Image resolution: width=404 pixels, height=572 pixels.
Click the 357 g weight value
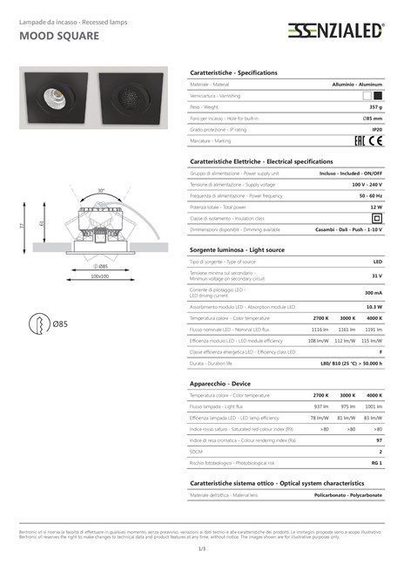(375, 106)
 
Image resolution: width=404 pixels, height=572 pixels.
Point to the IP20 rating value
(377, 129)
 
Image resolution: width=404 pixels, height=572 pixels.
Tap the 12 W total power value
(376, 208)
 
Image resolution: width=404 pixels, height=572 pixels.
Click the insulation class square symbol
(377, 218)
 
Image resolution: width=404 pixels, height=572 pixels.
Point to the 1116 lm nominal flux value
(320, 330)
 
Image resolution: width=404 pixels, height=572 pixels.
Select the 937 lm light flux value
(320, 406)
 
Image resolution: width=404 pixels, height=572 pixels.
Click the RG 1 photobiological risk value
(376, 463)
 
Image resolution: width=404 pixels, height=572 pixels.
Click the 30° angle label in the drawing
(101, 190)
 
